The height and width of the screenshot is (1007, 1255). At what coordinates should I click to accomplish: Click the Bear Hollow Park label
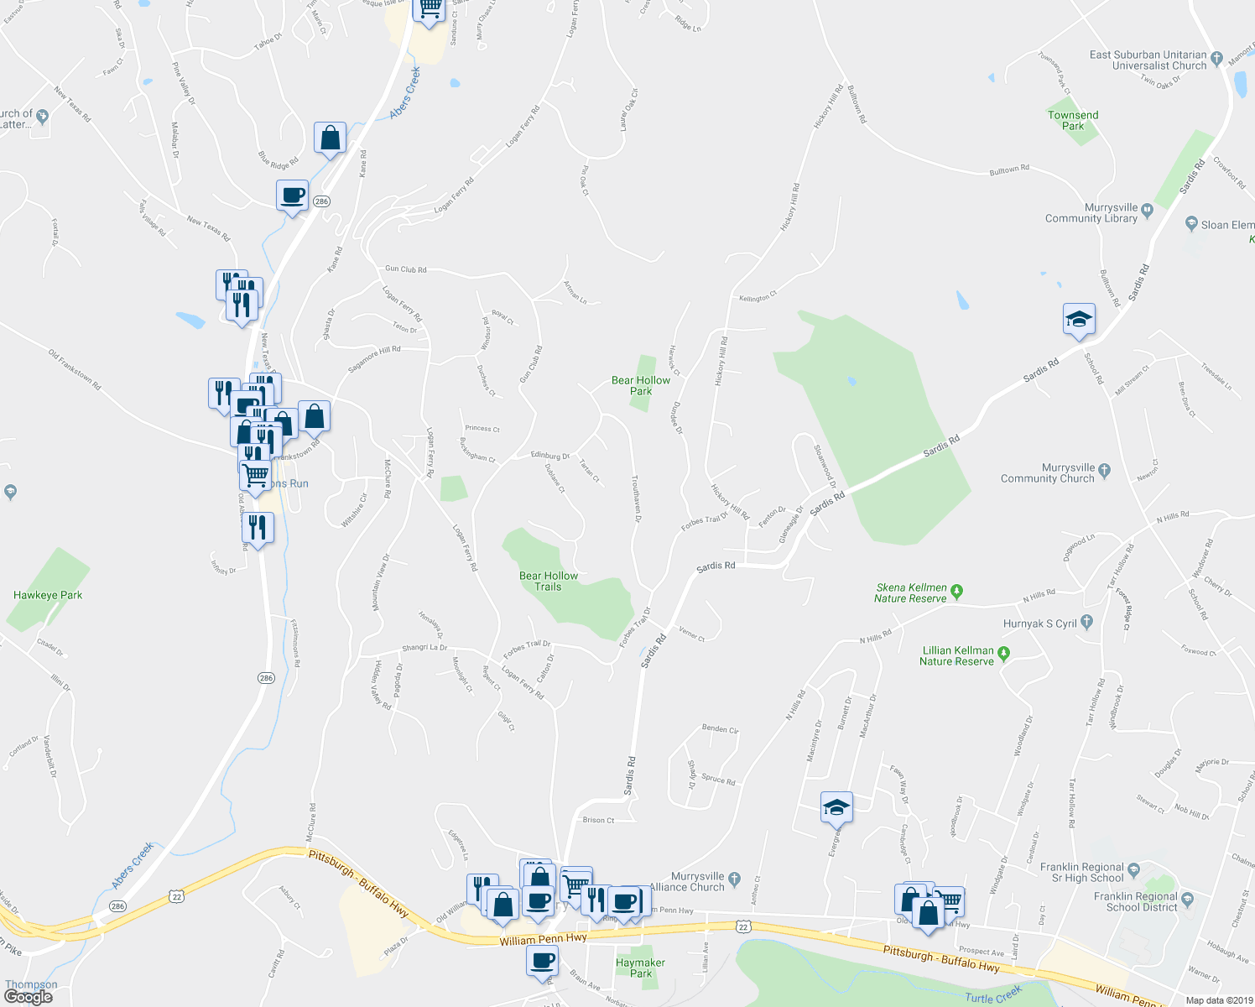click(x=641, y=385)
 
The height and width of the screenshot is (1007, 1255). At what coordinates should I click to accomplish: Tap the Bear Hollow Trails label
click(x=549, y=581)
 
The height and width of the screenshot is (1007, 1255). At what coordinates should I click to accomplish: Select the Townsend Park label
click(x=1073, y=120)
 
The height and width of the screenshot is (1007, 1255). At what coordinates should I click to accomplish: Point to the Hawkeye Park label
click(x=48, y=595)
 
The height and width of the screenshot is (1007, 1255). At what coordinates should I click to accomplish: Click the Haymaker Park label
click(x=640, y=968)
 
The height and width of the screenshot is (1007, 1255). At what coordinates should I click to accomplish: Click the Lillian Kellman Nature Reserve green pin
click(x=1004, y=652)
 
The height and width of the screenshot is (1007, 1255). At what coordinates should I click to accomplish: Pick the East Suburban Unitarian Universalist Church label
click(x=1148, y=60)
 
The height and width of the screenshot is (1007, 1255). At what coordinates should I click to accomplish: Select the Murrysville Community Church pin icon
click(x=1104, y=470)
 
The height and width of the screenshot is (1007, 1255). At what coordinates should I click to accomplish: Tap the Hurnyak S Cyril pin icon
click(x=1087, y=622)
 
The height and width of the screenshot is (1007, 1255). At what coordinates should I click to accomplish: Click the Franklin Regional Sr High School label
click(x=1081, y=872)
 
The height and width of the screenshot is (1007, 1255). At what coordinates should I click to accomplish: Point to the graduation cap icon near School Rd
click(x=1079, y=319)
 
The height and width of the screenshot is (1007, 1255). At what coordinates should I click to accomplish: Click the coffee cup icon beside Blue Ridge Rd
click(x=293, y=196)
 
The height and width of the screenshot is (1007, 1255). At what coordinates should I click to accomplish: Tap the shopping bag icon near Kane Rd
click(x=331, y=138)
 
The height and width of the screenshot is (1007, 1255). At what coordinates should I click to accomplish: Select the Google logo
click(x=28, y=997)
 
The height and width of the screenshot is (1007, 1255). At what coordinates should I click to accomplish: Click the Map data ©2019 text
click(x=1218, y=1000)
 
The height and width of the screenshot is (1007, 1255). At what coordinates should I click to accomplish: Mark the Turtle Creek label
click(x=993, y=996)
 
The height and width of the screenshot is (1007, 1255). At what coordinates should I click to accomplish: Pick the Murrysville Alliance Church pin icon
click(x=735, y=879)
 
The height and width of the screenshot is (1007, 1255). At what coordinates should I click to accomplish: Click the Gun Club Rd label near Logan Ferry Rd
click(x=406, y=269)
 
